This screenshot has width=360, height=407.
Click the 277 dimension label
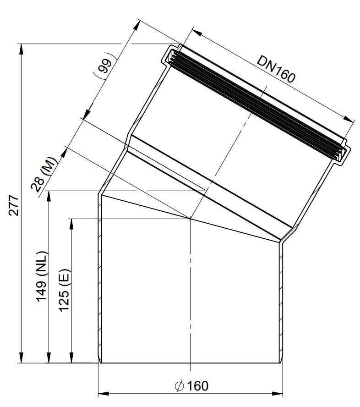point(13,205)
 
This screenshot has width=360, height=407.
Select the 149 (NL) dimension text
point(42,276)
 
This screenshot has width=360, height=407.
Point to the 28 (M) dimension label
point(44,174)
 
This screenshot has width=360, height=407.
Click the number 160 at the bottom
point(198,386)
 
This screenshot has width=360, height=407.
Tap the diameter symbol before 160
point(180,386)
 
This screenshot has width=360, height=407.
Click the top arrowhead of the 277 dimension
point(21,49)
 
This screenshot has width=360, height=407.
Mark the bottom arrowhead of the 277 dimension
point(21,357)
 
